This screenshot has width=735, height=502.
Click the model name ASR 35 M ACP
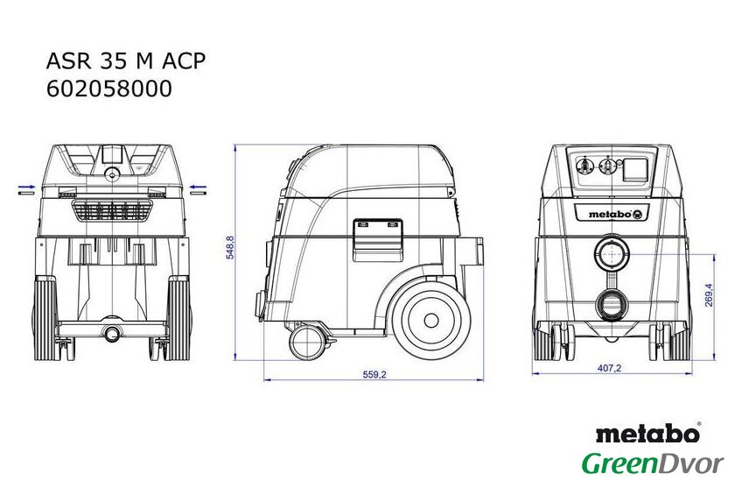(x=126, y=61)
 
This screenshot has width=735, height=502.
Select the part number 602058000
(x=109, y=88)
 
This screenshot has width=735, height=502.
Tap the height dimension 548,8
(x=230, y=247)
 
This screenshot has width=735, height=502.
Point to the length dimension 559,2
(x=374, y=374)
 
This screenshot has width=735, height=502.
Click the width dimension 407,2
(x=609, y=368)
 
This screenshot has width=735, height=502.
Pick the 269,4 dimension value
(x=709, y=294)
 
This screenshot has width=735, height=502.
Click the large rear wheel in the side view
(x=430, y=321)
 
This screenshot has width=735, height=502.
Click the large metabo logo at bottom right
(x=648, y=433)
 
